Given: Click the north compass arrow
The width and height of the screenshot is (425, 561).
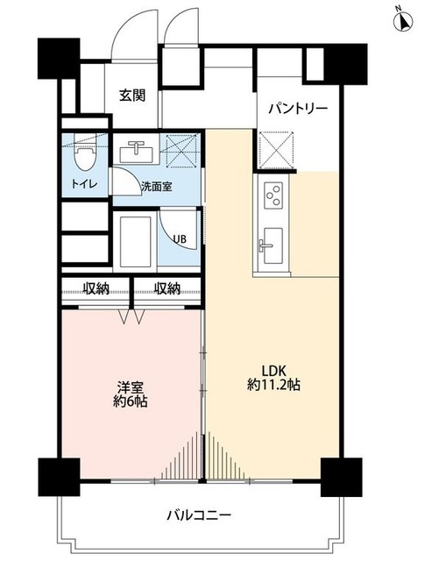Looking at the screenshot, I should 402,20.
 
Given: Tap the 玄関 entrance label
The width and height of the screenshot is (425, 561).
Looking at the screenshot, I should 133,96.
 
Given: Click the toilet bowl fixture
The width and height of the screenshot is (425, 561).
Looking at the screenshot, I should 84,157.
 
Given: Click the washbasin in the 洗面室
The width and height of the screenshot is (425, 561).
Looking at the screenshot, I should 137,153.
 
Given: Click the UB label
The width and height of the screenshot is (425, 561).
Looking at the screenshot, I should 179,238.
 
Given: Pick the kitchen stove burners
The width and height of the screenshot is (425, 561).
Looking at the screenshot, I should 271,193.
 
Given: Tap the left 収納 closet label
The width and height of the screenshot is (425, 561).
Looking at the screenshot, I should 96,288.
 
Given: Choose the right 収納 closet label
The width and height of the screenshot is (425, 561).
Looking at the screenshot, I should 167,288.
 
